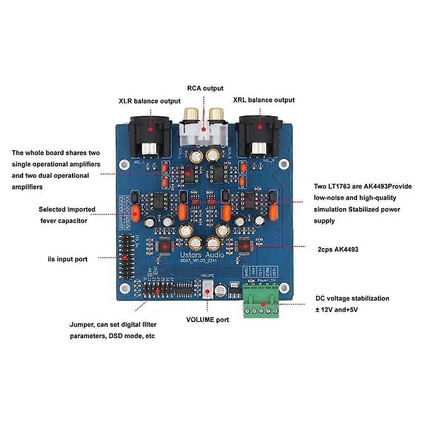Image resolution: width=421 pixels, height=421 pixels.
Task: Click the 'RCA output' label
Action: coord(205,88)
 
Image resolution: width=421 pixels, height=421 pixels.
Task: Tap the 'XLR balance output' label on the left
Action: coord(149,101)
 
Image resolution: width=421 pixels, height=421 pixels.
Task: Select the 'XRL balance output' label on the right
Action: coord(264,100)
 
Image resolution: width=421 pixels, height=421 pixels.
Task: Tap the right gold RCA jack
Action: coord(217,114)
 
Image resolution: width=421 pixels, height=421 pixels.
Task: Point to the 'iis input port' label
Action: coord(67,259)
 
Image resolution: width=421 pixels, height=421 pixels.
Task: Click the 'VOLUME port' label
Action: coord(207,320)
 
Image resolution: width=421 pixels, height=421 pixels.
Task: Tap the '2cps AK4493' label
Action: coord(338,249)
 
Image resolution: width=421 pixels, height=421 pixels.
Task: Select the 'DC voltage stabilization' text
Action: coord(352,298)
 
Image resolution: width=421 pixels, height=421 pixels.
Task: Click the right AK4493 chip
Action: coord(244,246)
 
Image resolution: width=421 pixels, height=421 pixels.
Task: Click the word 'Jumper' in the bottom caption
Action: coord(81,325)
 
